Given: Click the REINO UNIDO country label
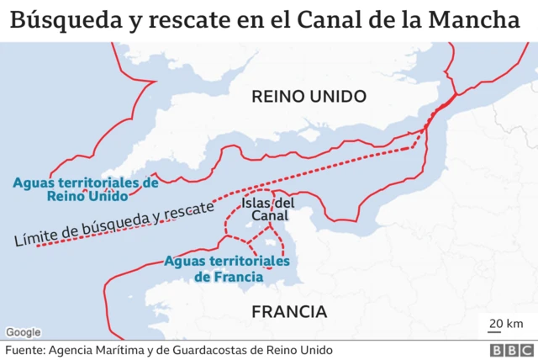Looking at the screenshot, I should pyautogui.click(x=309, y=97).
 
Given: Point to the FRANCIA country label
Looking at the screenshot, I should pyautogui.click(x=289, y=312).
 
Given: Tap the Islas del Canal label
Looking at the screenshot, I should pyautogui.click(x=267, y=209).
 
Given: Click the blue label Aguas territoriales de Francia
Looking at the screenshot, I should pyautogui.click(x=227, y=268).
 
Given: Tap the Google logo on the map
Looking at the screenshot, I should pyautogui.click(x=23, y=331).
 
